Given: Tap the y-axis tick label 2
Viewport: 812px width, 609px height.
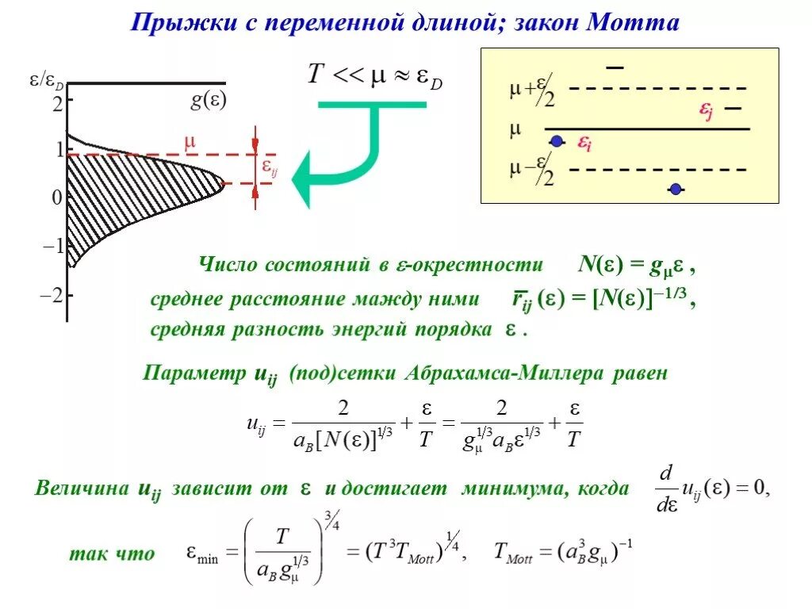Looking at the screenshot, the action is (x=57, y=103).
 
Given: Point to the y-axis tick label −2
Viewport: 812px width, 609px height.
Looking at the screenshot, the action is (x=52, y=295).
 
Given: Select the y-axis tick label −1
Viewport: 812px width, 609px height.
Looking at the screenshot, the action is (x=52, y=246).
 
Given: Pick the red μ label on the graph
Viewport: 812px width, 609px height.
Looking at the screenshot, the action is (x=190, y=143).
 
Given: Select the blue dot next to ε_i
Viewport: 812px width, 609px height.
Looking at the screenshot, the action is (x=557, y=141).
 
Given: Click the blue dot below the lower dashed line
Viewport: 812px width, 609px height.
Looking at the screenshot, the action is (x=675, y=189).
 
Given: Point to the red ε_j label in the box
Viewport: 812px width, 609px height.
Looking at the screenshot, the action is (x=706, y=113).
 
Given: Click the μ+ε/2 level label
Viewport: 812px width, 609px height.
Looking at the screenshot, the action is (x=532, y=91).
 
